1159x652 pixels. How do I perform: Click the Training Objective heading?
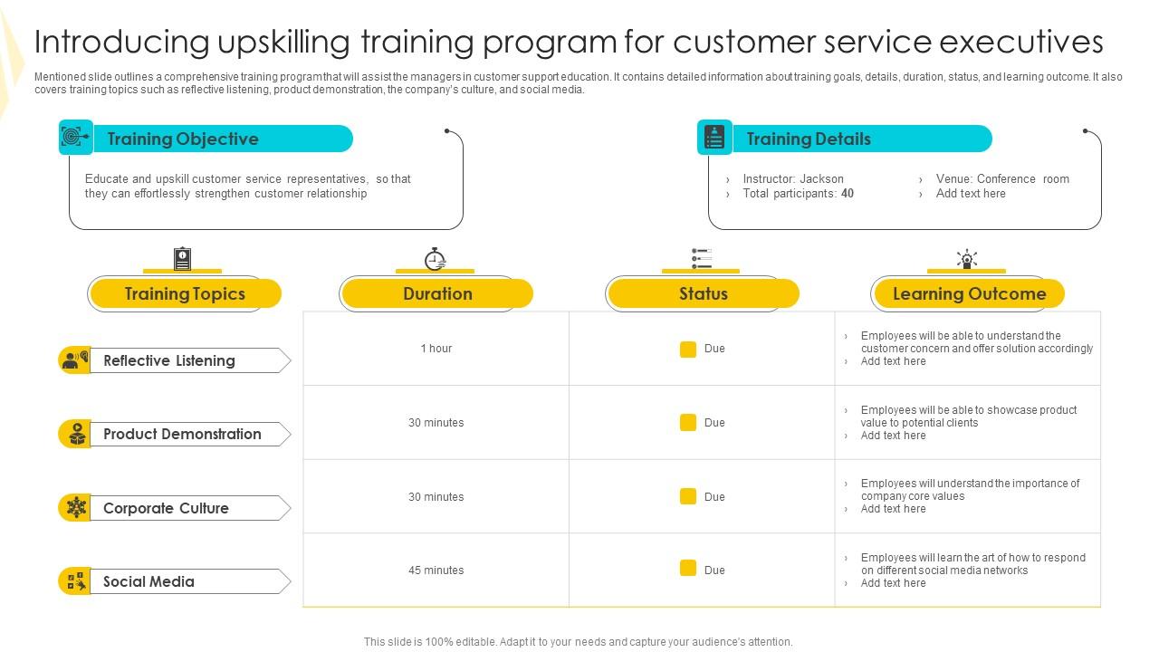click(x=183, y=139)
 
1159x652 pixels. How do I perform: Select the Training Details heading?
click(x=809, y=139)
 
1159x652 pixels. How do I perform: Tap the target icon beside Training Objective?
click(x=75, y=138)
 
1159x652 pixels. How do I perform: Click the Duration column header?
click(x=437, y=293)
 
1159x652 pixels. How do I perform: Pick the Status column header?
click(x=703, y=293)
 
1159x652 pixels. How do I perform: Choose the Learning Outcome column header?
click(x=969, y=293)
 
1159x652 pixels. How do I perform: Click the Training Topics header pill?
click(x=185, y=293)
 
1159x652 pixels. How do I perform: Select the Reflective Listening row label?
click(x=169, y=360)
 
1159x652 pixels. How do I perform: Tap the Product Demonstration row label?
click(x=182, y=434)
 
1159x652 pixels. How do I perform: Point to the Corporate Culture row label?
click(x=166, y=508)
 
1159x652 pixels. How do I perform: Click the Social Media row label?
click(x=148, y=581)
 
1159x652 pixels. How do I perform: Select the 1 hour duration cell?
click(x=436, y=349)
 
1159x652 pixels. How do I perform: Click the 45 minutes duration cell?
click(x=436, y=570)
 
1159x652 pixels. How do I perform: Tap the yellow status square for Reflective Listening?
click(x=688, y=349)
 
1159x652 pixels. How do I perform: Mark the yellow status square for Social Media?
click(x=688, y=569)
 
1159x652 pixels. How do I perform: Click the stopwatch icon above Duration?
click(x=436, y=259)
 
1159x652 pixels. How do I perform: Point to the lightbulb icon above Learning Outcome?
click(x=967, y=259)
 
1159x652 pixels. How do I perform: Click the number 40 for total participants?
click(x=848, y=194)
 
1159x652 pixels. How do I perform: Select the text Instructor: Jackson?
click(x=793, y=179)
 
